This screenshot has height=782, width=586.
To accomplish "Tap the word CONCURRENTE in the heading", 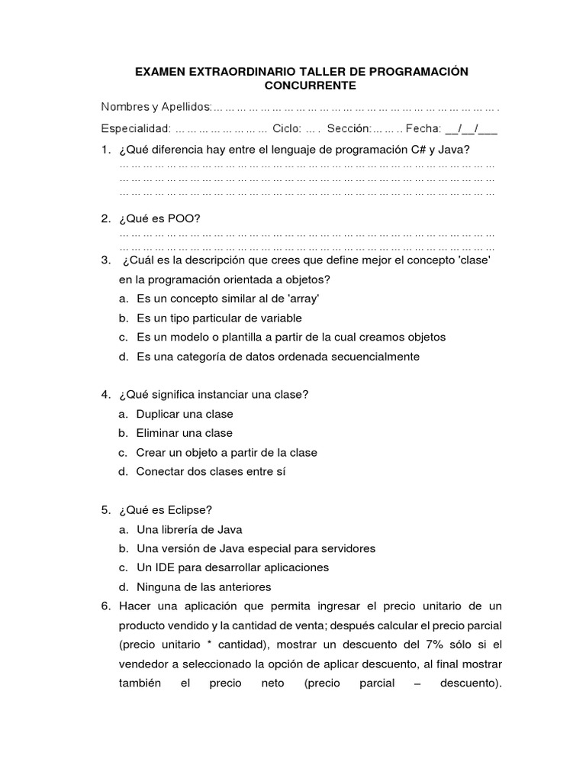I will pos(301,86).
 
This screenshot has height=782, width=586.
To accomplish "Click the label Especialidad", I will pos(134,129).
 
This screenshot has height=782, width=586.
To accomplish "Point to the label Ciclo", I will pos(287,129).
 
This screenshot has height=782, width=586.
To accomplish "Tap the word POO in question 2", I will pos(183,219).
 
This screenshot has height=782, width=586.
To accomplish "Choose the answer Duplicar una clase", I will pos(185,414).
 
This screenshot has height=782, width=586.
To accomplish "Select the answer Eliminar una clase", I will pos(184,433).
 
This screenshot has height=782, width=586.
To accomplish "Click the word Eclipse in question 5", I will pos(184,509).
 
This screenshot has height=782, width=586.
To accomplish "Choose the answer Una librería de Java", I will pos(189,529).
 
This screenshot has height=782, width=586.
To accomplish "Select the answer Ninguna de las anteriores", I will pos(204,586).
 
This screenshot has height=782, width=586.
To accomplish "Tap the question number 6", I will pos(106,606).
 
